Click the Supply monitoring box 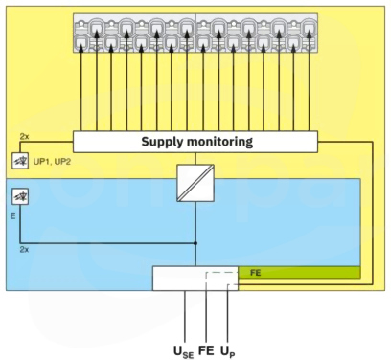(195, 142)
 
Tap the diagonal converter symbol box (195, 183)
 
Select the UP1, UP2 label (52, 162)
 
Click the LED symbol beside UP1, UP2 (20, 161)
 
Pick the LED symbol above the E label (20, 196)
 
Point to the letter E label (12, 216)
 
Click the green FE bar (299, 273)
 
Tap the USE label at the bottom (183, 351)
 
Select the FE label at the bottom (206, 350)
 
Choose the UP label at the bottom (228, 351)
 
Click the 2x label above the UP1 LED (24, 137)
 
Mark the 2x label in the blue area (24, 250)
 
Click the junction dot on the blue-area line (195, 243)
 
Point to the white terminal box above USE (195, 279)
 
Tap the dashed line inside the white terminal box (221, 273)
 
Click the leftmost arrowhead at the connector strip (81, 48)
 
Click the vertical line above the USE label (185, 317)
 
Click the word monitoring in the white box (220, 142)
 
